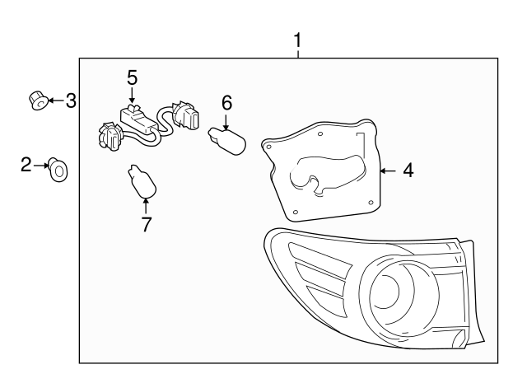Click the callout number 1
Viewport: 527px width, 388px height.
pyautogui.click(x=297, y=40)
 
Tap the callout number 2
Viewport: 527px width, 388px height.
pyautogui.click(x=26, y=166)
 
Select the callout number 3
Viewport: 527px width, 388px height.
pyautogui.click(x=71, y=101)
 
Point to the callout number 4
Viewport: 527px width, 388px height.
pyautogui.click(x=408, y=171)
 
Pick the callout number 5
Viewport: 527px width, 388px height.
pyautogui.click(x=132, y=77)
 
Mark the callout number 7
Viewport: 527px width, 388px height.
pyautogui.click(x=147, y=223)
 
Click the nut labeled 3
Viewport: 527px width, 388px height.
pyautogui.click(x=35, y=101)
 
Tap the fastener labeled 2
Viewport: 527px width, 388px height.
pyautogui.click(x=58, y=169)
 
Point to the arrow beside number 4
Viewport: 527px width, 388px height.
pyautogui.click(x=387, y=171)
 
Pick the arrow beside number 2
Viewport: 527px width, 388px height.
pyautogui.click(x=41, y=166)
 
